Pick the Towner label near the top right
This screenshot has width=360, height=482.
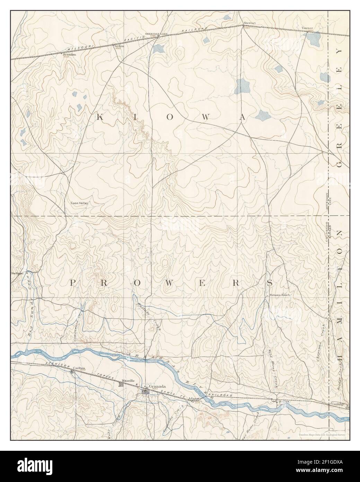point(307,28)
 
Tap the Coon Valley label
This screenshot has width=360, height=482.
point(80,204)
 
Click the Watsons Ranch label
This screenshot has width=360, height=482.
point(279,295)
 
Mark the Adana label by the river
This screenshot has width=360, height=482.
point(193,399)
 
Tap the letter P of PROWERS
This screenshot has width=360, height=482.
point(73,283)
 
